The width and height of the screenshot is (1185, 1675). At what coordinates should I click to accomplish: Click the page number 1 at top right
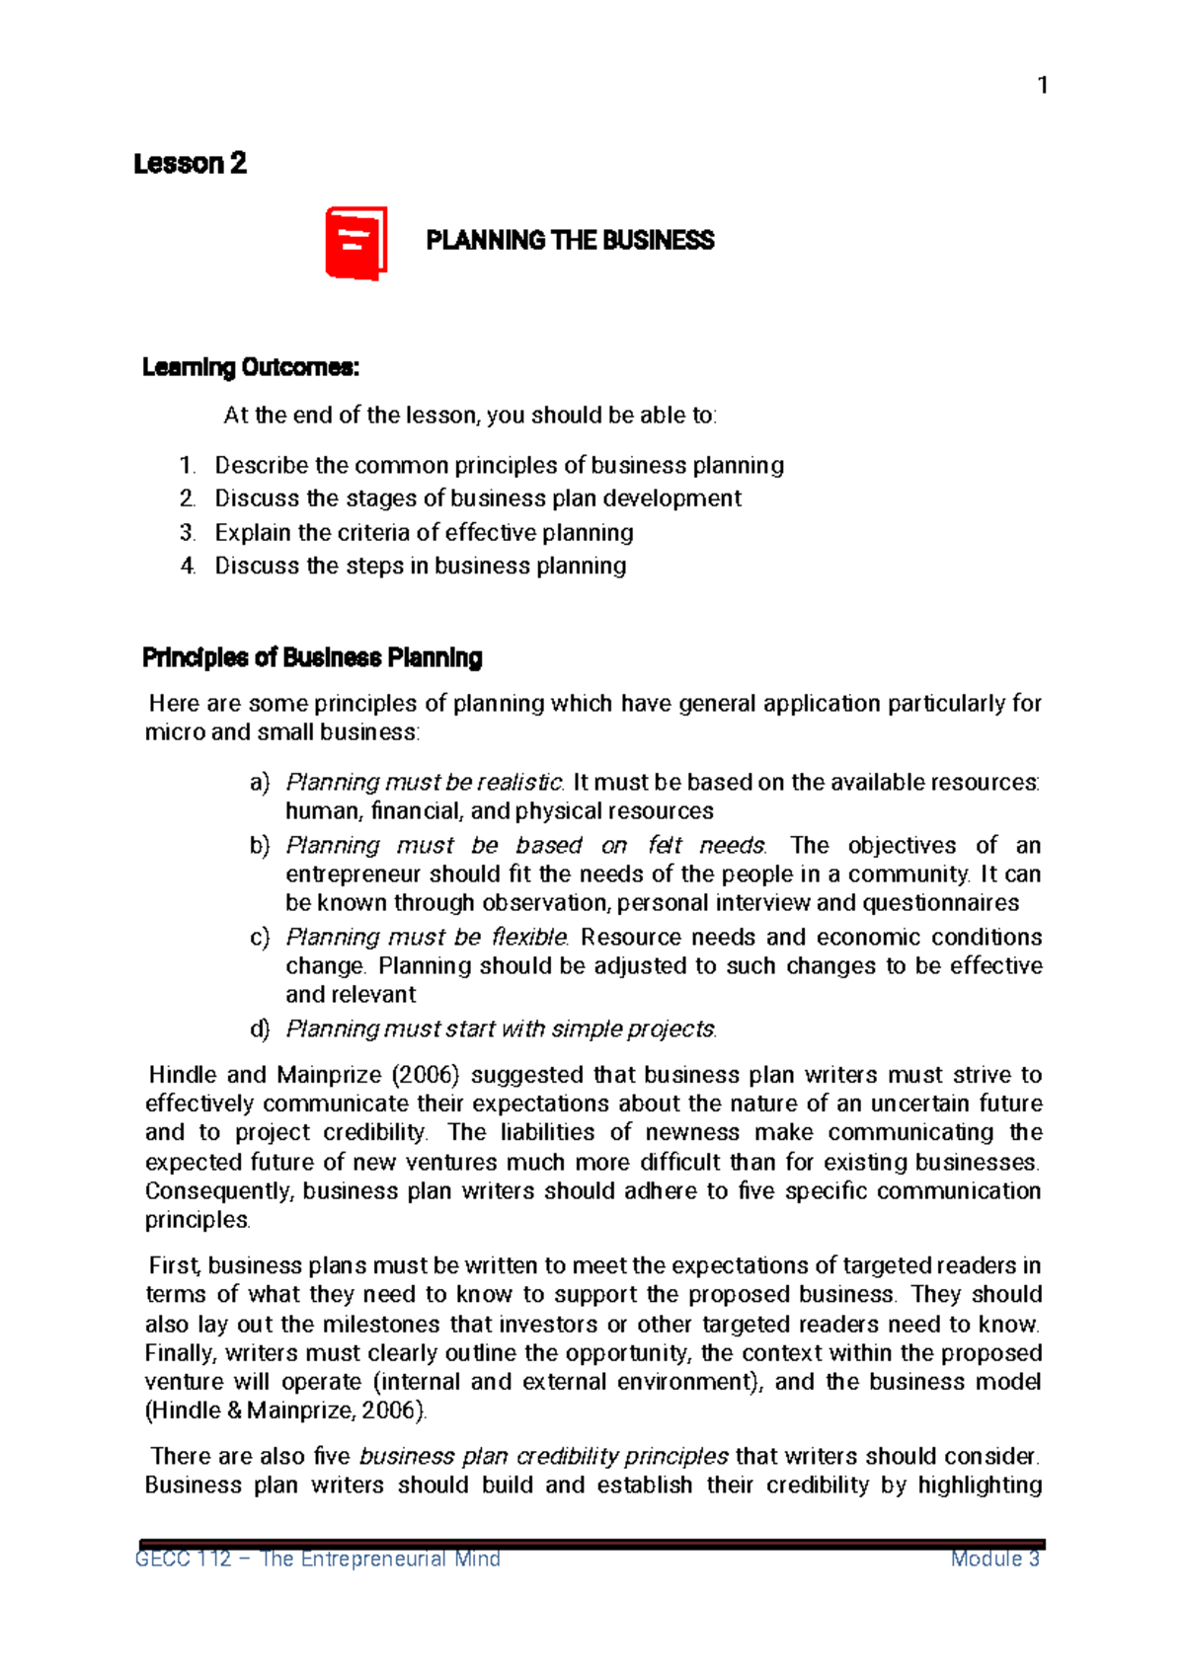1042,86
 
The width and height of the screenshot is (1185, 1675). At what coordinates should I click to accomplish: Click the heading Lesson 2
190,164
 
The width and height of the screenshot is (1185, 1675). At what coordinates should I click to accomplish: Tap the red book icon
355,243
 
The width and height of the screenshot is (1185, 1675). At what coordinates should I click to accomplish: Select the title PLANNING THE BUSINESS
570,241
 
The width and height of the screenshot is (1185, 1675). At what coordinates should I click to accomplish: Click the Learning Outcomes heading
251,368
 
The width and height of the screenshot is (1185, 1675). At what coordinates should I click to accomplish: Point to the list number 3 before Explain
188,533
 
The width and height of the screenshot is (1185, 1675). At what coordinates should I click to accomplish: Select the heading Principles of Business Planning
312,658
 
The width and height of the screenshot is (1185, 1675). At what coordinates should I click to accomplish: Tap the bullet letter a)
260,783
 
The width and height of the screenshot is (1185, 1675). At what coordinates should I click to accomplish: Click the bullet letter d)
260,1029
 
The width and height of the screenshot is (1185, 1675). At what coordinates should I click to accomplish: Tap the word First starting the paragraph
174,1266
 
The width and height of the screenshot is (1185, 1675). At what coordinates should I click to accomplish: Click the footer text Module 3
994,1560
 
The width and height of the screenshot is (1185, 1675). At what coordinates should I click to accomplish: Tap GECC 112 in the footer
183,1560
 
